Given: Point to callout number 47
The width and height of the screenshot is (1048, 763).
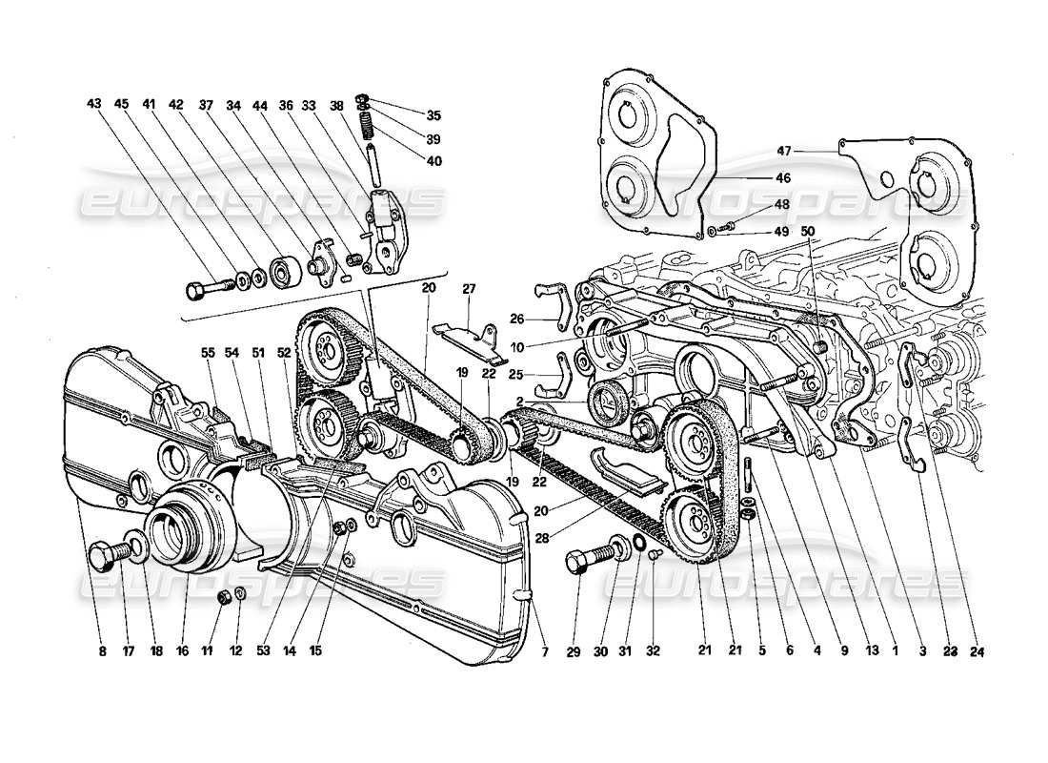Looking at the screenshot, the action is (784, 151).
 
